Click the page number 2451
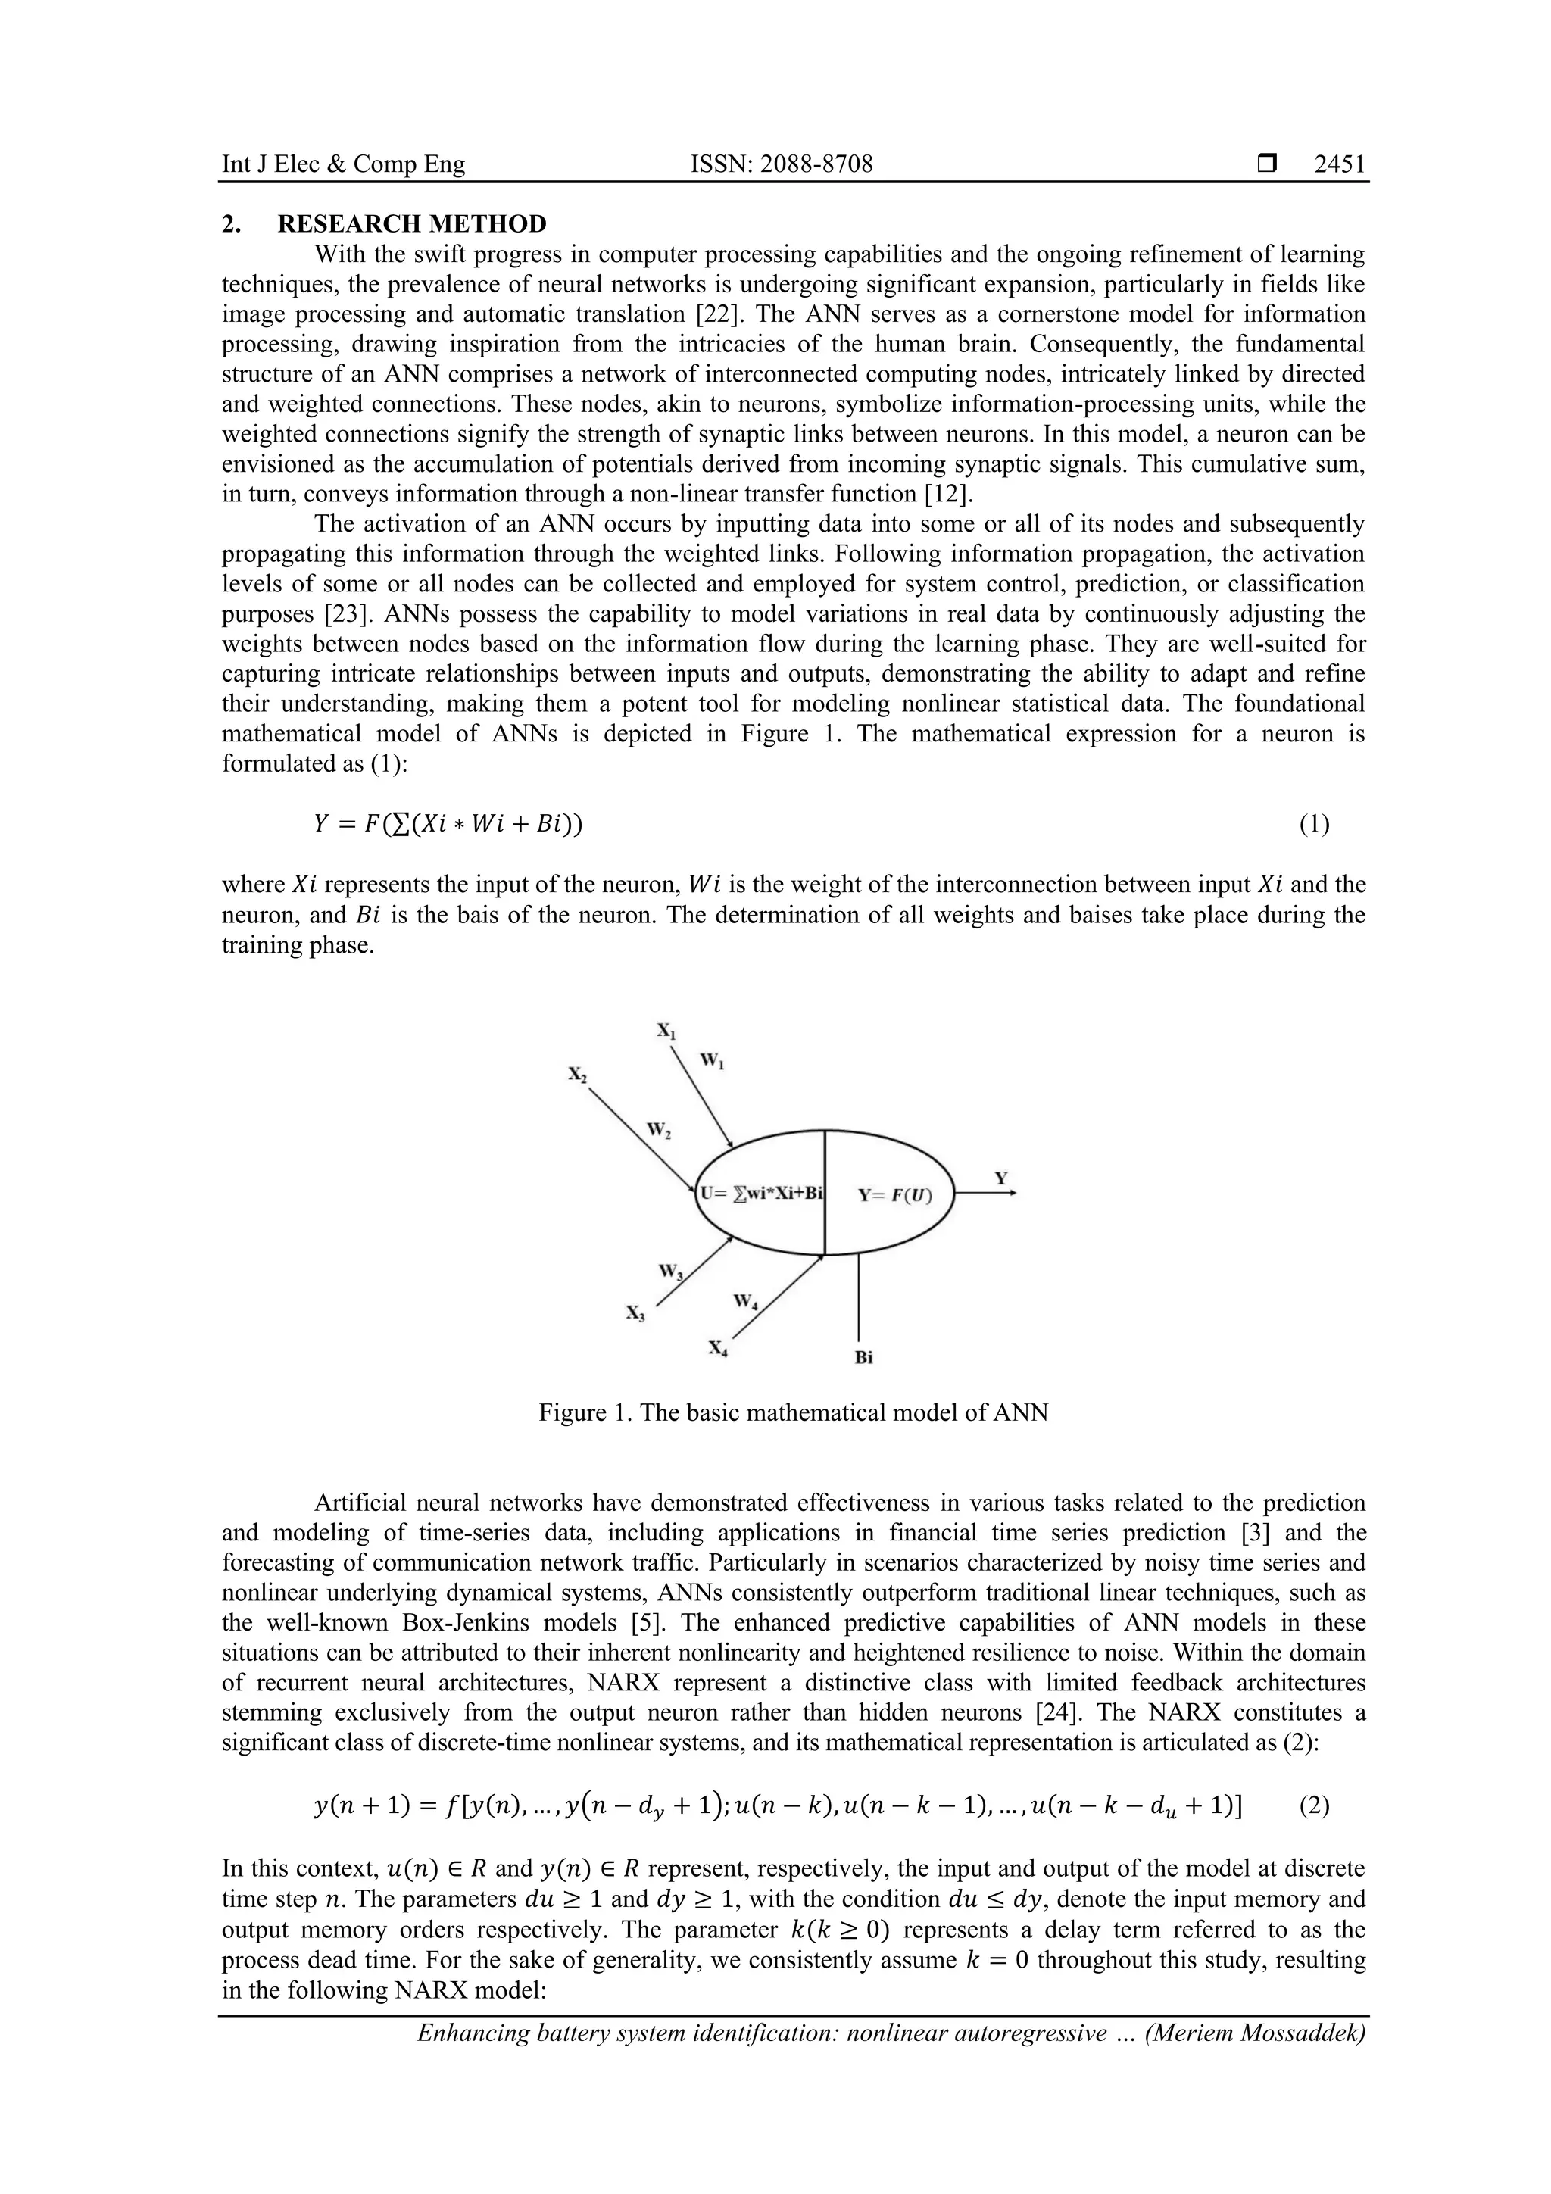(1340, 164)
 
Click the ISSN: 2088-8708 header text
(781, 164)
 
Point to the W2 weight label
(658, 1131)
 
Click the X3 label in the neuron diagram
(635, 1314)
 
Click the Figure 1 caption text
(793, 1412)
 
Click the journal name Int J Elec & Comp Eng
(343, 164)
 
